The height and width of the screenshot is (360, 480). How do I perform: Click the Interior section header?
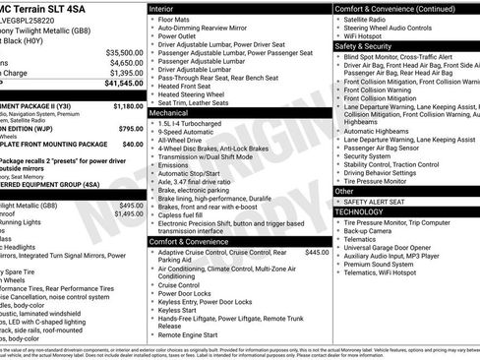tap(162, 8)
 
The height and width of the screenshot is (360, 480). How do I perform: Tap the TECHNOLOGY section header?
tap(361, 211)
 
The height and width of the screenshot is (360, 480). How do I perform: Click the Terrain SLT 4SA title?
tap(41, 7)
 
